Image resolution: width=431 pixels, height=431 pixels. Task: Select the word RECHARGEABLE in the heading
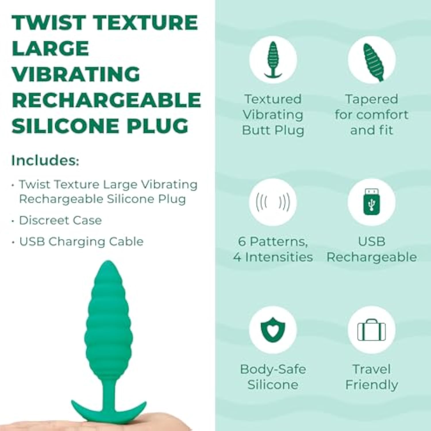(106, 100)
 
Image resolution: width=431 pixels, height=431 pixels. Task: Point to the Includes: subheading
(45, 160)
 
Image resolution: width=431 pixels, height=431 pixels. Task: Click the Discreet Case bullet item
(60, 220)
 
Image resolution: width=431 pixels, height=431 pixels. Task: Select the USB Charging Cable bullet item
(81, 242)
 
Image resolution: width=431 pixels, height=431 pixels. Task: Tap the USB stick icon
(372, 202)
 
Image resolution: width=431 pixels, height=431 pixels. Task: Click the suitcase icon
(372, 330)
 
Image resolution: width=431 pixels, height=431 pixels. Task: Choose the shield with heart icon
(273, 330)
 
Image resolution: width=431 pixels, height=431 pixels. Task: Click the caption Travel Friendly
(372, 377)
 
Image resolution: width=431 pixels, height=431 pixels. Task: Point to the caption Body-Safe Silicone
(273, 377)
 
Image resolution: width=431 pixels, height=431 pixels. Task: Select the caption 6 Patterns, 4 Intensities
(273, 249)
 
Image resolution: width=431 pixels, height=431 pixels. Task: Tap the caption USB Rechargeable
(372, 249)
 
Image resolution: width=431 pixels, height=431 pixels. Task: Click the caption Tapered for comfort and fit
(372, 114)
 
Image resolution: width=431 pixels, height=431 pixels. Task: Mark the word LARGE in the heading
(50, 48)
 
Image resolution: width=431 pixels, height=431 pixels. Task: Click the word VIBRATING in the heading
(76, 74)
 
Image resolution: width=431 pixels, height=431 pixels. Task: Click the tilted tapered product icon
(373, 62)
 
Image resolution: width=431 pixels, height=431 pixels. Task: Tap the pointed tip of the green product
(108, 261)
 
